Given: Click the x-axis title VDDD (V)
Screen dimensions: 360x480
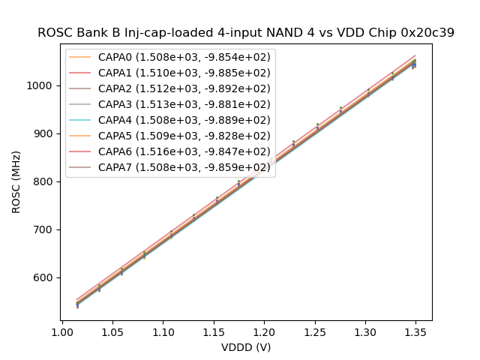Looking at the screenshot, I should tap(246, 347).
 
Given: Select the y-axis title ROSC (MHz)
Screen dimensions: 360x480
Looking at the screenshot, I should tap(16, 181).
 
